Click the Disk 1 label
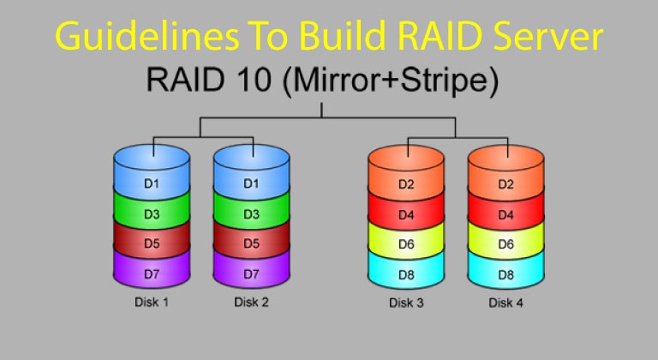point(152,302)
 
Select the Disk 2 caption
point(251,302)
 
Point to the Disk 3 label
point(406,303)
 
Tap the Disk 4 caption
point(505,303)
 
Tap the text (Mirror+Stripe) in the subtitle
point(391,82)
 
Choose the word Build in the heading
point(342,36)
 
